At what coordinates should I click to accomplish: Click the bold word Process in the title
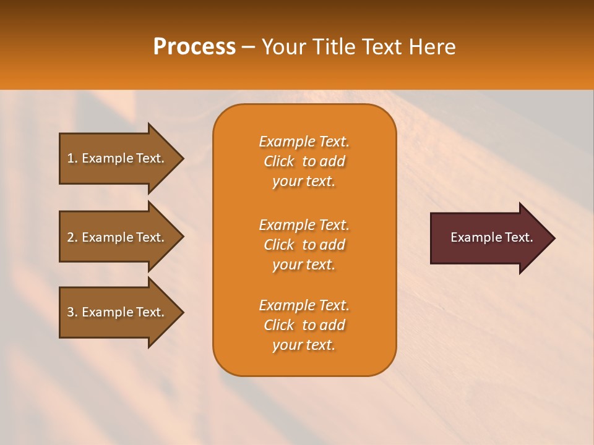[194, 47]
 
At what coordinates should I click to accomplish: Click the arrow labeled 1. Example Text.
[118, 158]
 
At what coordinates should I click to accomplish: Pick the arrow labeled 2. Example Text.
[118, 237]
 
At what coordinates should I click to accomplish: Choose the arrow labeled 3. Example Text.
[118, 312]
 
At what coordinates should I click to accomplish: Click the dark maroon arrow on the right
[489, 238]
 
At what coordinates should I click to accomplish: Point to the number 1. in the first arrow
[72, 158]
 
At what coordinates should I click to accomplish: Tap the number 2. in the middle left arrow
[72, 237]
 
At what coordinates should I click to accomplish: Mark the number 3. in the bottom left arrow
[72, 312]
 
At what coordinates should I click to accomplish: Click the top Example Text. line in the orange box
[304, 142]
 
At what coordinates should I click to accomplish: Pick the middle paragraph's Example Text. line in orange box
[304, 224]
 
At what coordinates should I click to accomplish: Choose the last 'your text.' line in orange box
[304, 345]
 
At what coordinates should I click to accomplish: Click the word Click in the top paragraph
[279, 161]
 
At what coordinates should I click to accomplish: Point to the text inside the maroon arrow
[491, 237]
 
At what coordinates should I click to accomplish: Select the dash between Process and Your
[248, 47]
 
